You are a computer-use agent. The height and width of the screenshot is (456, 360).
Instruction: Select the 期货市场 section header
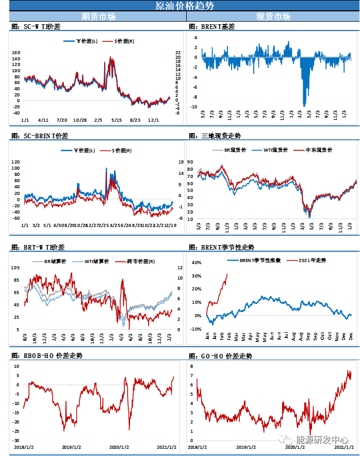[x=99, y=17]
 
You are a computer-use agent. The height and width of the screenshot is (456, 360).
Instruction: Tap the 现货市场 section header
[x=273, y=17]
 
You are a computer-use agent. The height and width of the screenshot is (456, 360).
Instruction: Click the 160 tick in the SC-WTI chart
[x=15, y=53]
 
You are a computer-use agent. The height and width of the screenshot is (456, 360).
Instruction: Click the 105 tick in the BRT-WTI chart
[x=15, y=268]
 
